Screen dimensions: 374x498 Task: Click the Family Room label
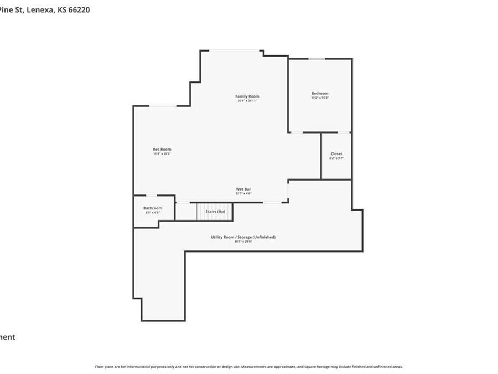pos(247,96)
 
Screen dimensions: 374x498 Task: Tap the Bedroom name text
pos(320,93)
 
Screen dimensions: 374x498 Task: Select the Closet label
pos(336,153)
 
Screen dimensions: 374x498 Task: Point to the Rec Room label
pos(162,149)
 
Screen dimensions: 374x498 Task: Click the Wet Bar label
pos(243,189)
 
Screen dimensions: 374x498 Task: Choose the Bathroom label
pos(153,208)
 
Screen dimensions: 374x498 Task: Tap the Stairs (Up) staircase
pos(215,211)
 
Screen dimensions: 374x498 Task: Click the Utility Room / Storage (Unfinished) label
pos(243,237)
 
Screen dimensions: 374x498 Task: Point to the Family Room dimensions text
pos(247,101)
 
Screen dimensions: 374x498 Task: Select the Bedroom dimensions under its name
pos(320,98)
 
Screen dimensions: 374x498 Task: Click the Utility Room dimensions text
pos(243,242)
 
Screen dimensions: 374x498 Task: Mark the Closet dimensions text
pos(336,158)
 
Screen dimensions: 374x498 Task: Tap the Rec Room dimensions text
pos(162,153)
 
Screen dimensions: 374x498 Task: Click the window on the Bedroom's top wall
pos(317,59)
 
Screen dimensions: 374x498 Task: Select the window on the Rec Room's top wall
pos(163,106)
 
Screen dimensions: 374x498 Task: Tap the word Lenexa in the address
pos(40,9)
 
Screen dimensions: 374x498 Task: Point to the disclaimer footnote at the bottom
pos(249,367)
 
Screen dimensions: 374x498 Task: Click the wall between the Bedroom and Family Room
pos(288,94)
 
